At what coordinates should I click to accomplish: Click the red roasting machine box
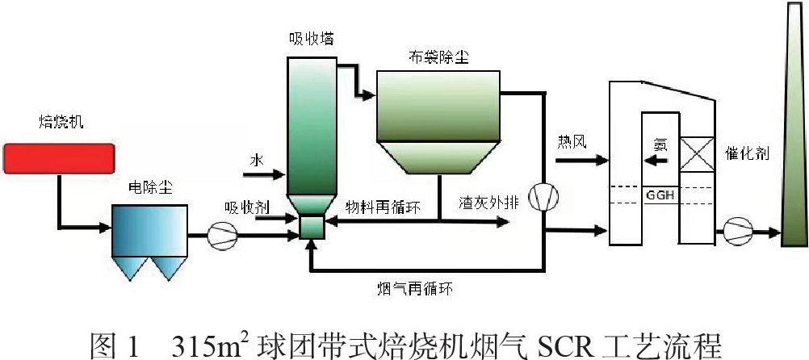(x=58, y=157)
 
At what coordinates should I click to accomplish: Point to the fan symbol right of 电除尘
(x=219, y=235)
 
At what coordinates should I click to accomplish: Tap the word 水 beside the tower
(x=257, y=161)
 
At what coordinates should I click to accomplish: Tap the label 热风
(x=571, y=143)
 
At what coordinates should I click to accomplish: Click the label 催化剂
(x=758, y=153)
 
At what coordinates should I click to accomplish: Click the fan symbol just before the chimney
(x=736, y=232)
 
